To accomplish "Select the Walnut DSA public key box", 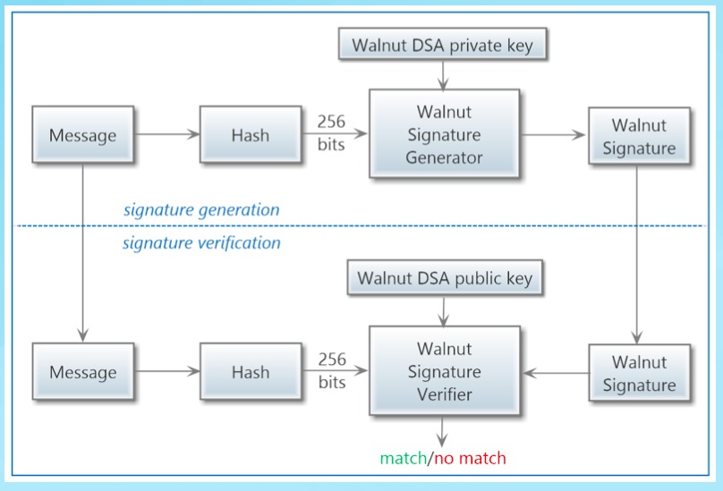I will coord(445,278).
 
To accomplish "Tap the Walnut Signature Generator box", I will coord(444,135).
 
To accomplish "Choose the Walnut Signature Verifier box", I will coord(444,371).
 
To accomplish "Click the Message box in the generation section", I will coord(82,136).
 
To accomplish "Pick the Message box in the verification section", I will coord(82,372).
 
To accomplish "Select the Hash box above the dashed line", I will coord(250,136).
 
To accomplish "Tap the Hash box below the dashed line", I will coord(250,372).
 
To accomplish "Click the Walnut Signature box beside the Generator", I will coord(639,136).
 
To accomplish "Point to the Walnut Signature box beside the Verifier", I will coord(639,373).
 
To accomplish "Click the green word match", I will coord(403,459).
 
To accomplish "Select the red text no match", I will coord(470,459).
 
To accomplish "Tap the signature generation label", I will coord(201,210).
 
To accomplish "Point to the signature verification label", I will coord(201,242).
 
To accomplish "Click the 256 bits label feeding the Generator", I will coord(331,132).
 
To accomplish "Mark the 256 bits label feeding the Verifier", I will coord(331,370).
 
